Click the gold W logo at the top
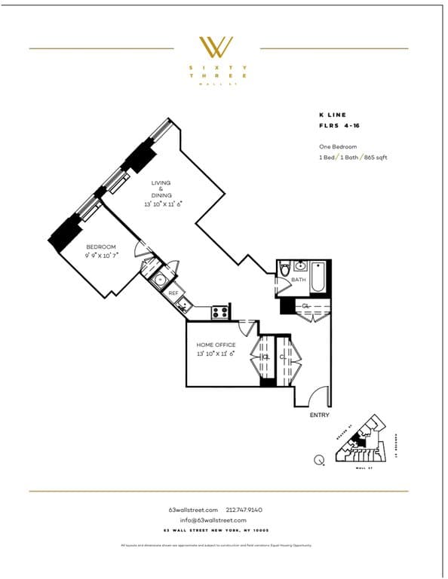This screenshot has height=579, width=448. coord(216,47)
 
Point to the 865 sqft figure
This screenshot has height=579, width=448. coord(376,158)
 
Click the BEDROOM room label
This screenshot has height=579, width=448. coord(100,247)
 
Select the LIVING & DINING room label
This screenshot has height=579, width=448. coord(161,189)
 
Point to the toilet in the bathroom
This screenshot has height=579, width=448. coord(285,269)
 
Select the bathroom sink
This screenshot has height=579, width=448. coord(301,266)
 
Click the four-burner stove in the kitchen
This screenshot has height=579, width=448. coord(220,311)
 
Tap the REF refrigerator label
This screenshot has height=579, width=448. coord(173,293)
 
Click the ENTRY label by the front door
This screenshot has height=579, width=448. coord(320,415)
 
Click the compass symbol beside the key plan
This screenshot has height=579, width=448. coord(321,458)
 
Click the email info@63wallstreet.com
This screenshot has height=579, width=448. coord(213,520)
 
